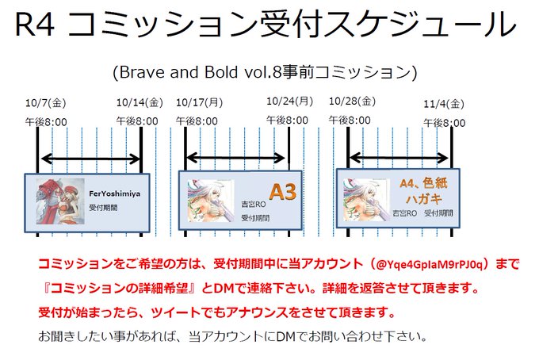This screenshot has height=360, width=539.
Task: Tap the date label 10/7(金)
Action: coord(47,102)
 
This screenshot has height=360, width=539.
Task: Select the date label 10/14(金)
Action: coord(140,102)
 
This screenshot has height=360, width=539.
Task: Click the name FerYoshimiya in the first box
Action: coord(115,192)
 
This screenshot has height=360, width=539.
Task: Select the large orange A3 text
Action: coord(282,192)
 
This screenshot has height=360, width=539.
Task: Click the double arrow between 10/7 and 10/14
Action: coord(89,159)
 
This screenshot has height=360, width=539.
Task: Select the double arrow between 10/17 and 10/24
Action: coord(236,159)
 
